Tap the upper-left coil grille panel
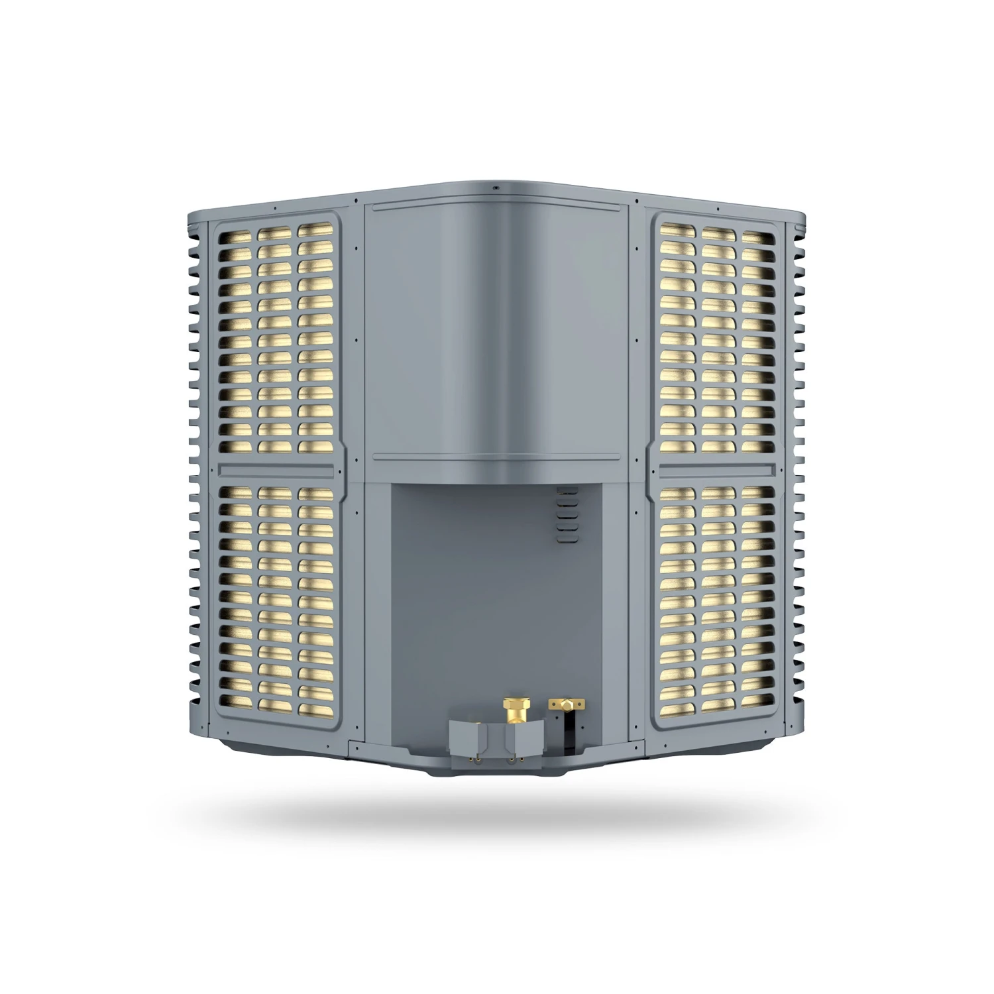[x=277, y=338]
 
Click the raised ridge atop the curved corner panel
[x=496, y=206]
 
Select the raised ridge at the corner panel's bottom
[x=496, y=457]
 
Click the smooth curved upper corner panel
[x=496, y=331]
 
